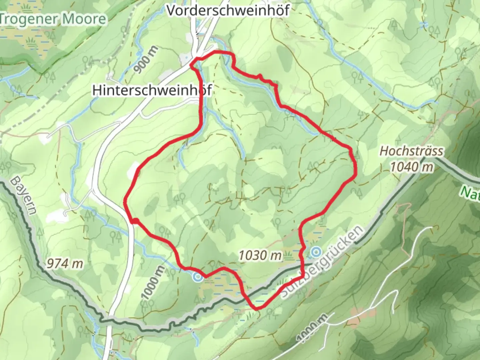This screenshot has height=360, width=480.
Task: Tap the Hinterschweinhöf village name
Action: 152,90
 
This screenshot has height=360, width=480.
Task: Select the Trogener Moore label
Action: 53,19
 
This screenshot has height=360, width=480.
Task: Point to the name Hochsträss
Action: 411,151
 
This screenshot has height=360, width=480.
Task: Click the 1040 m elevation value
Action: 412,166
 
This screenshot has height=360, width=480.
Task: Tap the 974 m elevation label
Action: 64,264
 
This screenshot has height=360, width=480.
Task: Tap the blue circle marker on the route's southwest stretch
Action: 198,276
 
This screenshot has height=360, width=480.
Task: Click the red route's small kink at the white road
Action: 134,221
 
